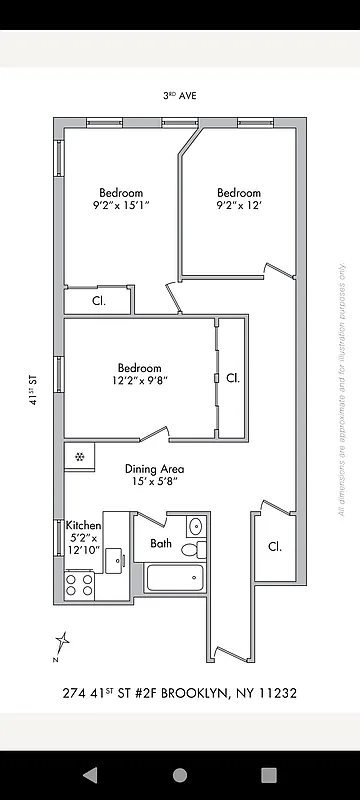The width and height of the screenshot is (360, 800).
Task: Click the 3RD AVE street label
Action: tap(180, 96)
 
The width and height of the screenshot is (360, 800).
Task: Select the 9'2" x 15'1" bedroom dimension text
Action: tap(120, 206)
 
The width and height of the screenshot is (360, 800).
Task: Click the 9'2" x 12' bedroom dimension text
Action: tap(239, 206)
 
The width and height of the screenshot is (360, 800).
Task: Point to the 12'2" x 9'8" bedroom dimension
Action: tap(139, 381)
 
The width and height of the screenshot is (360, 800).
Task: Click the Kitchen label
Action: tap(83, 525)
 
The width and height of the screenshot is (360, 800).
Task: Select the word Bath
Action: tap(161, 544)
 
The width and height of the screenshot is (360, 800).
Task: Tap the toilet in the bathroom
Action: tap(200, 548)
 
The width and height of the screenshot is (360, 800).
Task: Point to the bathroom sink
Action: tap(195, 525)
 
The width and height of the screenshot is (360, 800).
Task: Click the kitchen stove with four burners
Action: tap(79, 584)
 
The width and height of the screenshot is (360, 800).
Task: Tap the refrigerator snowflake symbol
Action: tap(79, 456)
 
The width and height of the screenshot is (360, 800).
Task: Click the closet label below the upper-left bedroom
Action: tap(99, 300)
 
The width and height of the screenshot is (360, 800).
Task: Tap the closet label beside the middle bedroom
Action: tap(232, 378)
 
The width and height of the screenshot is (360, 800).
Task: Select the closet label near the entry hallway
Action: tap(274, 546)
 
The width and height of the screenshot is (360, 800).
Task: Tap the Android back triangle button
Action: tap(90, 775)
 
